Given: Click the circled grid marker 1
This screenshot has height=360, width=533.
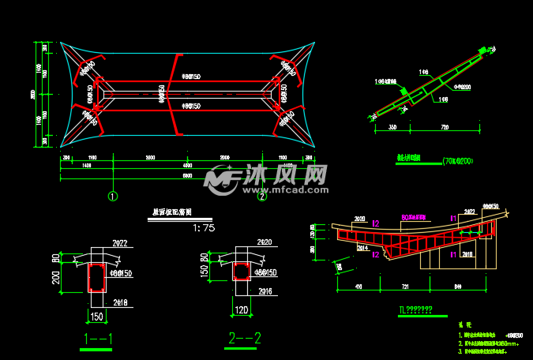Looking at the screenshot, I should pos(113,197).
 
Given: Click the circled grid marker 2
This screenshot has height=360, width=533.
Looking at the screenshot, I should pos(263,197).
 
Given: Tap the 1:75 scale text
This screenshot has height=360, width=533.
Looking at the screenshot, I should pos(203,228).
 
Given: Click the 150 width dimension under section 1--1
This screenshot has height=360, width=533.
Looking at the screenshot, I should pos(97,317).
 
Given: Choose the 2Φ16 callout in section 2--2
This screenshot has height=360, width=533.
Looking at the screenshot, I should pos(262,291).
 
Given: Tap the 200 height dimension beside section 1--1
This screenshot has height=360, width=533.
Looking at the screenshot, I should pos(57,278).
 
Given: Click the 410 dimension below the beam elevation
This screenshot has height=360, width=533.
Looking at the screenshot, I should pos(359,287).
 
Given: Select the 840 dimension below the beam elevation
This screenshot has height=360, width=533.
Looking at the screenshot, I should pos(460,287).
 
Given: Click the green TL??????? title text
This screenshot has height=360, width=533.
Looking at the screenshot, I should pos(415,309).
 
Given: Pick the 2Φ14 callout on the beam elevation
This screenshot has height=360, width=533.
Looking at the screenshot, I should pos(363,247).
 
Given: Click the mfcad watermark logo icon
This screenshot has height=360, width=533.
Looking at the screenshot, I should pos(220,181).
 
